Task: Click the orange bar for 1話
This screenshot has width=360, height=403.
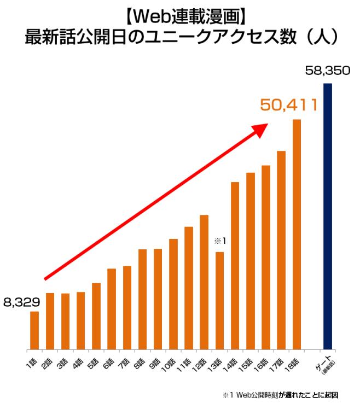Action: pyautogui.click(x=34, y=330)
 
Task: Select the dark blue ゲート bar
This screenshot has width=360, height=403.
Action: pyautogui.click(x=328, y=216)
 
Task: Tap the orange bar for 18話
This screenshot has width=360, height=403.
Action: pyautogui.click(x=297, y=234)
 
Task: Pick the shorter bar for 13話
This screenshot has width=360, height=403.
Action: pyautogui.click(x=219, y=300)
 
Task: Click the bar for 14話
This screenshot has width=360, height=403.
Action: pyautogui.click(x=235, y=265)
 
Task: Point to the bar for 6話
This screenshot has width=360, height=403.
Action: pyautogui.click(x=112, y=309)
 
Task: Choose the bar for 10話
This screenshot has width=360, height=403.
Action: pyautogui.click(x=173, y=294)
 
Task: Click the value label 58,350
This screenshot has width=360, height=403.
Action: pyautogui.click(x=328, y=71)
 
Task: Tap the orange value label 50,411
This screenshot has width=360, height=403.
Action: pyautogui.click(x=288, y=105)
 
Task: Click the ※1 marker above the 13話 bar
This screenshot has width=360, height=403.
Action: pyautogui.click(x=220, y=241)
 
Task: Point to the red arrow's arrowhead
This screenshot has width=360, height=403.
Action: pyautogui.click(x=261, y=128)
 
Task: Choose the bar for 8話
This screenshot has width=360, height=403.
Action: pyautogui.click(x=142, y=299)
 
